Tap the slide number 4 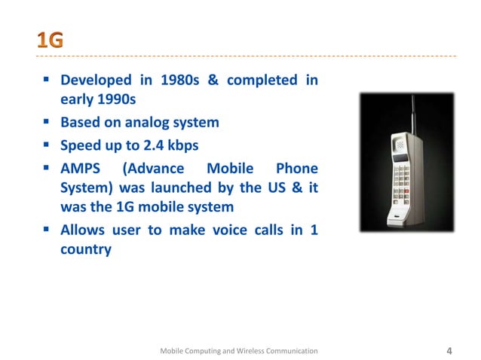pos(449,350)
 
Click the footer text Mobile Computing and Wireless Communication pos(240,351)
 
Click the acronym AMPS pos(82,167)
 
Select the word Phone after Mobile pos(296,167)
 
